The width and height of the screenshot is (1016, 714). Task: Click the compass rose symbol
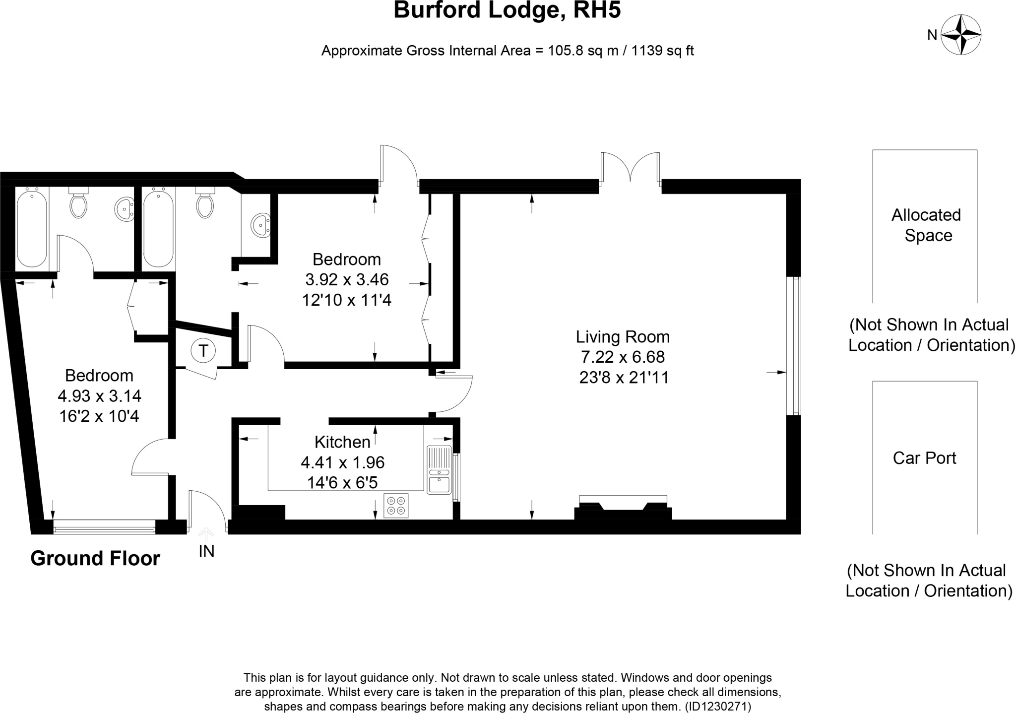pos(961,35)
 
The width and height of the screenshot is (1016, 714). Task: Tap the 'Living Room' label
pos(623,337)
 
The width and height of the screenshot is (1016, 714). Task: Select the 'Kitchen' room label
pos(342,442)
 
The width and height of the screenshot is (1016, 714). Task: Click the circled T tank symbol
pos(203,351)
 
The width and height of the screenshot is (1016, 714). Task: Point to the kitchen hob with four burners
pos(396,506)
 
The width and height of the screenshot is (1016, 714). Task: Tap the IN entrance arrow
pos(206,535)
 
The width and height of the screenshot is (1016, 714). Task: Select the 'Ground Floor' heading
pos(95,558)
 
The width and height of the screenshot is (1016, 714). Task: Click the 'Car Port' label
pos(924,458)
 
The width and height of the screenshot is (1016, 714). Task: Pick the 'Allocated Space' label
pos(927,225)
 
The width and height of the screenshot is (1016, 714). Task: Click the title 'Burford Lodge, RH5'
pos(507,10)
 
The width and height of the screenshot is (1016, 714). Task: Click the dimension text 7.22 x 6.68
pos(623,357)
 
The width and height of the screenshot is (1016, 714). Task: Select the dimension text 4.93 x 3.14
pos(99,396)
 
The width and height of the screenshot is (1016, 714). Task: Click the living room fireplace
pos(623,508)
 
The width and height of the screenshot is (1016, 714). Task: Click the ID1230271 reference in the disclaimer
pos(717,706)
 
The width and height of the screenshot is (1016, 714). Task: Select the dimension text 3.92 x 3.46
pos(347,280)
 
